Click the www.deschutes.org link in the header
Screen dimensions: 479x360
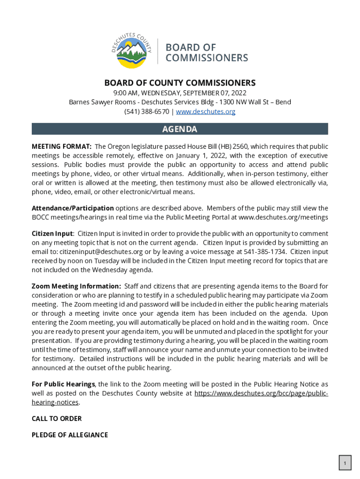(x=205, y=112)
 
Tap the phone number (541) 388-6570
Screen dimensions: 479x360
(x=147, y=112)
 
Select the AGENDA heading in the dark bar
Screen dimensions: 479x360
(x=180, y=129)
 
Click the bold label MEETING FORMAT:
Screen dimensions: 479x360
(x=61, y=146)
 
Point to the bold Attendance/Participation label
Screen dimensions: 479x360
(x=72, y=208)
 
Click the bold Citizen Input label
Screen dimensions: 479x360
(x=52, y=233)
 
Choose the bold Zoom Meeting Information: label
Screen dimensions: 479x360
(x=76, y=286)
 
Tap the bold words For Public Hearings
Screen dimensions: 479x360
(x=63, y=384)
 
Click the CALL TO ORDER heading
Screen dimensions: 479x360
(x=57, y=419)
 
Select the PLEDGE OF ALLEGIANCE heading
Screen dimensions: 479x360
(x=70, y=435)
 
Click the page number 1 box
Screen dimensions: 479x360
(x=345, y=463)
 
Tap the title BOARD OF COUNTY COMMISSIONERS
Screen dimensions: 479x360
(x=180, y=83)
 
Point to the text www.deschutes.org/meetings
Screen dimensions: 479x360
(x=283, y=218)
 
